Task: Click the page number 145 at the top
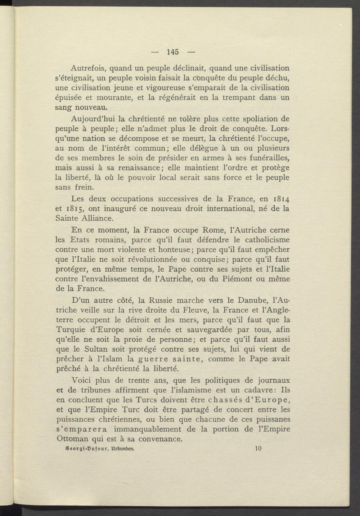pos(173,52)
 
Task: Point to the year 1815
pos(75,209)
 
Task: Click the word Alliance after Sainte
pos(98,218)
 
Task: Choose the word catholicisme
pos(264,239)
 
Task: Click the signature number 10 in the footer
pos(258,449)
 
